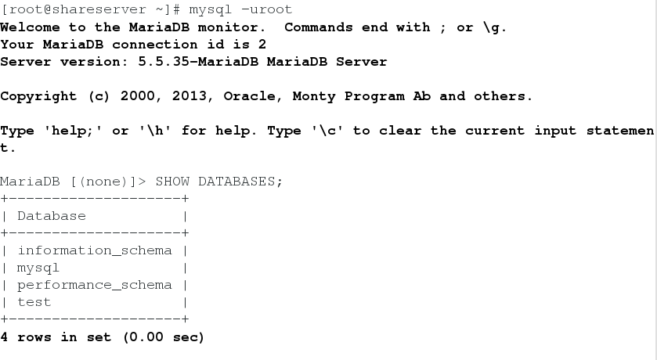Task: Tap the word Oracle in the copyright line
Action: (x=249, y=95)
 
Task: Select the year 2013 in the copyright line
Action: (x=189, y=95)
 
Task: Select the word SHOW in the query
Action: (x=172, y=182)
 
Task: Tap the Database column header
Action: (x=52, y=216)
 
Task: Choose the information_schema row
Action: (x=94, y=250)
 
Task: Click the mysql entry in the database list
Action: (x=38, y=268)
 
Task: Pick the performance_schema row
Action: (x=94, y=285)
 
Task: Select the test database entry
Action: (x=34, y=302)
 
